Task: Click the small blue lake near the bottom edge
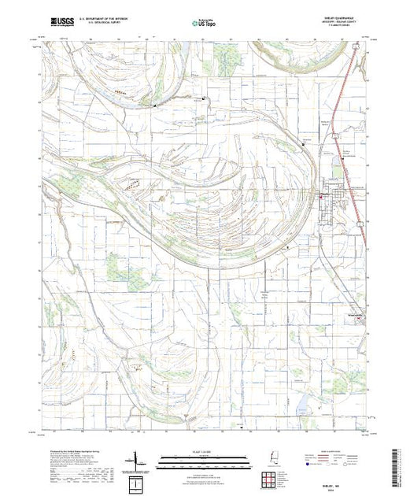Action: tap(299, 409)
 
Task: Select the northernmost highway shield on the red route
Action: tap(356, 49)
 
